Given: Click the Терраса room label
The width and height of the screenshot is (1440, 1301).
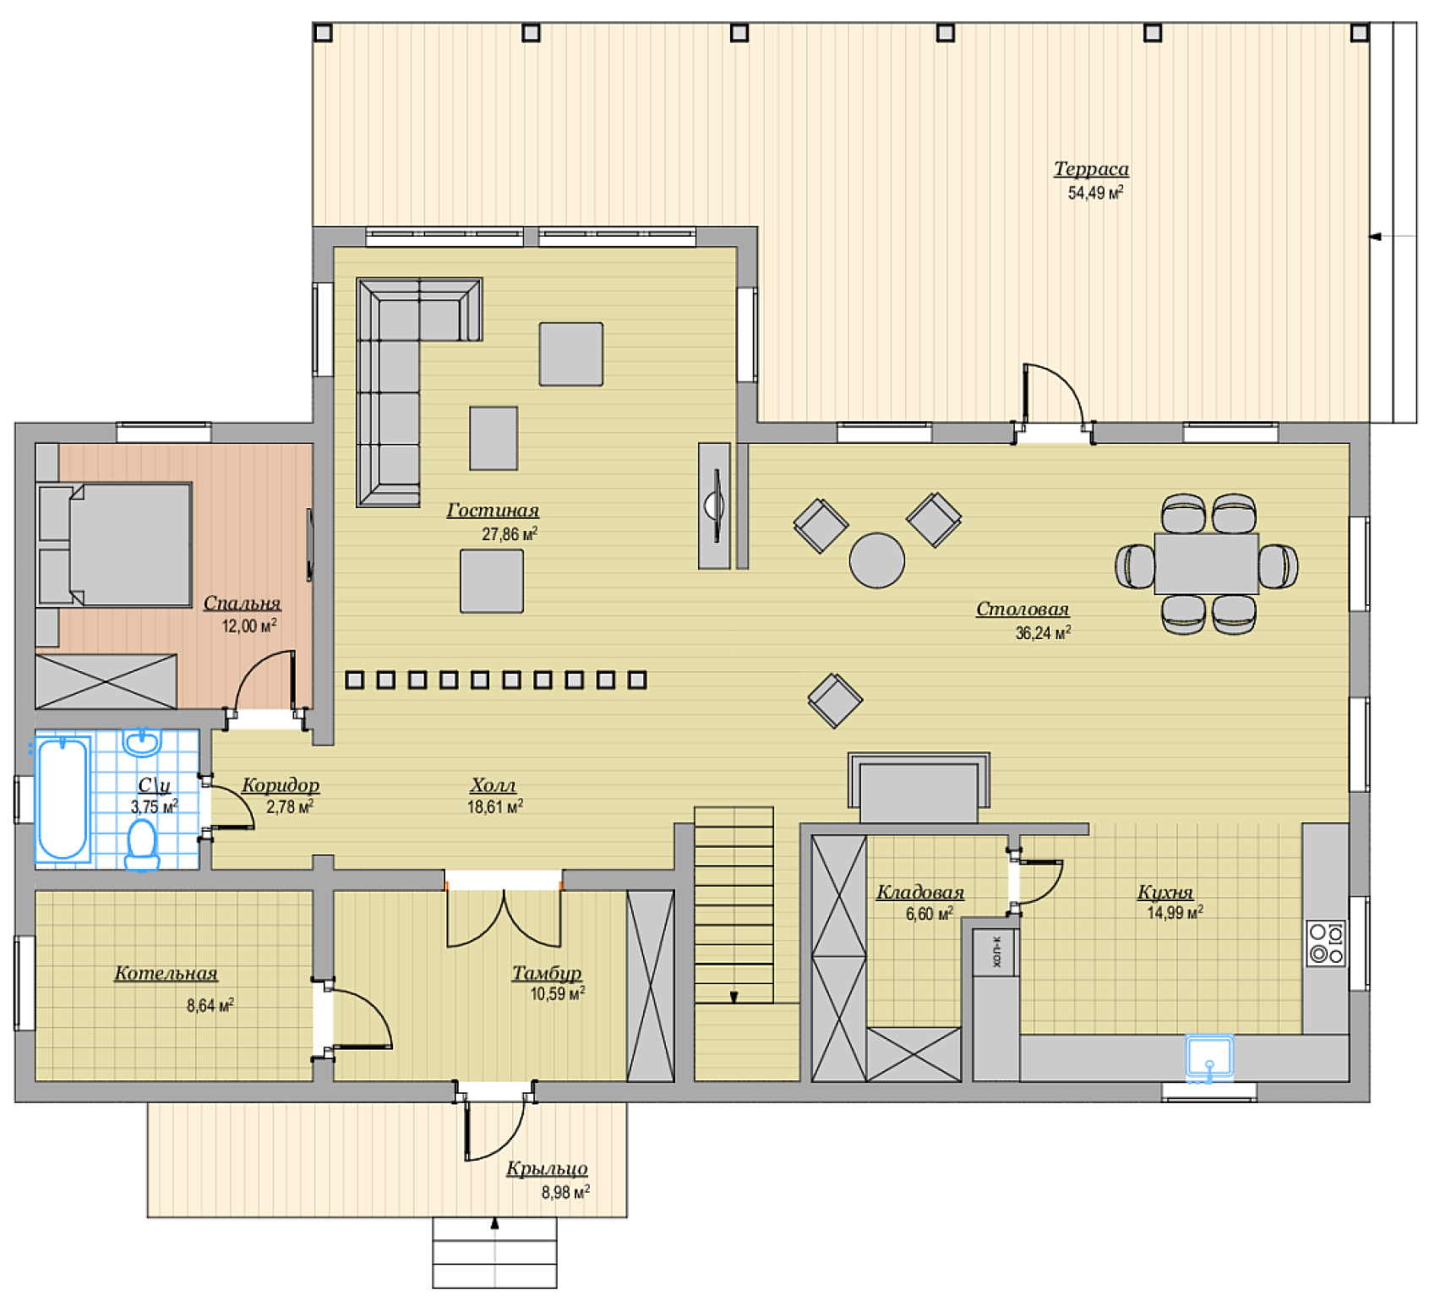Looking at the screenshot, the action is pyautogui.click(x=1091, y=169).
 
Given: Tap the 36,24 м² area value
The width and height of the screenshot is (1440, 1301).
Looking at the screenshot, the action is pyautogui.click(x=1044, y=632).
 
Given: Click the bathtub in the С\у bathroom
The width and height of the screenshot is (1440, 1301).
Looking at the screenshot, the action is pyautogui.click(x=63, y=799).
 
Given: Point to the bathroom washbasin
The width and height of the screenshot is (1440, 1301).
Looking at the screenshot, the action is pyautogui.click(x=142, y=742).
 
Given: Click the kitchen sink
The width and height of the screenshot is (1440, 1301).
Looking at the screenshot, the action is pyautogui.click(x=1209, y=1058).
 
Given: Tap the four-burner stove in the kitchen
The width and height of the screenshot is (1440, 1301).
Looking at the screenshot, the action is pyautogui.click(x=1326, y=943).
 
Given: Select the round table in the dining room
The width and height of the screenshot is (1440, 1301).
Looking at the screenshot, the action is pyautogui.click(x=877, y=560).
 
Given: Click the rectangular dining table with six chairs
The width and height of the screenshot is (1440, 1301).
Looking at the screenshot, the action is pyautogui.click(x=1207, y=564).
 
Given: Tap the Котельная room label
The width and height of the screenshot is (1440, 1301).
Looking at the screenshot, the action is pyautogui.click(x=166, y=974).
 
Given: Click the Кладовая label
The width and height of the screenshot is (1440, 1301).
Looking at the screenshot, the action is pyautogui.click(x=920, y=893).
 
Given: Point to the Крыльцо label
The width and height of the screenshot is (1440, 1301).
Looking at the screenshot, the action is pyautogui.click(x=547, y=1169).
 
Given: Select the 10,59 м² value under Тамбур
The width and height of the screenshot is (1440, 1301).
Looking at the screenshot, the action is pyautogui.click(x=557, y=994).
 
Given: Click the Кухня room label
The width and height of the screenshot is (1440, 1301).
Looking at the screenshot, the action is pyautogui.click(x=1165, y=893).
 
